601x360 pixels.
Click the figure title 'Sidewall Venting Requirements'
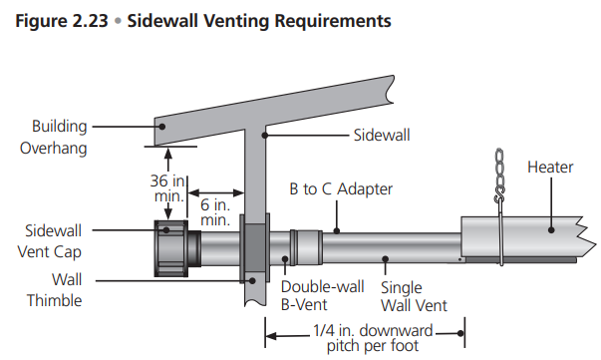259,21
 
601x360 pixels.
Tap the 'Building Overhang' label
54,138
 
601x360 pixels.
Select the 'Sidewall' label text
382,136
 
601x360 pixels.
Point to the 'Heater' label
550,168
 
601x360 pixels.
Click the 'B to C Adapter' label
341,189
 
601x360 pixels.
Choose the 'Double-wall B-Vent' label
322,295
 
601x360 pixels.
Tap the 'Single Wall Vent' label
414,296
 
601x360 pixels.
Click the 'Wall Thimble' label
55,290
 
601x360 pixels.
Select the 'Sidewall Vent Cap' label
50,241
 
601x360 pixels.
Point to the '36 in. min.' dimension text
167,188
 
